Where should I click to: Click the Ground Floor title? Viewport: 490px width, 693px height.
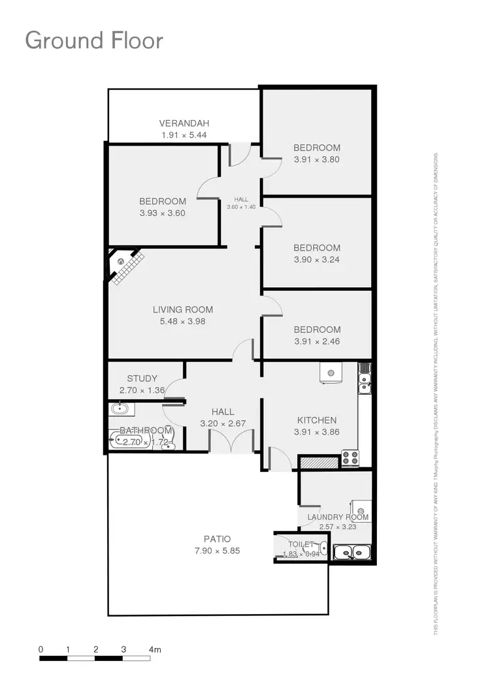(x=94, y=40)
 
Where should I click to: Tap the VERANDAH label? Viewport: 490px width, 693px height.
(x=184, y=123)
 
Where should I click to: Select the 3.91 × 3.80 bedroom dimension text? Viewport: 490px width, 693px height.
(x=317, y=159)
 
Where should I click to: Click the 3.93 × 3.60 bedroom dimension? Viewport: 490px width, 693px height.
(x=163, y=213)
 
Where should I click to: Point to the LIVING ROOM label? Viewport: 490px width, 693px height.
(x=183, y=310)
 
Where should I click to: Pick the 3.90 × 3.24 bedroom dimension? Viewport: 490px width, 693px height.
(x=317, y=259)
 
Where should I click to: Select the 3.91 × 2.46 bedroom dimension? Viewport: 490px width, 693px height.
(x=317, y=341)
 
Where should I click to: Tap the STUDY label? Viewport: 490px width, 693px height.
(x=142, y=378)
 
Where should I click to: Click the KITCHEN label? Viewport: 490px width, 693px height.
(x=317, y=420)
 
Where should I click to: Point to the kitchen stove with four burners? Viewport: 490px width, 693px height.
(x=350, y=457)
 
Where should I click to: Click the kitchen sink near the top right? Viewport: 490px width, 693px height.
(x=364, y=379)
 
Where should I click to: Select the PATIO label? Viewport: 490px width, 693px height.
(x=217, y=539)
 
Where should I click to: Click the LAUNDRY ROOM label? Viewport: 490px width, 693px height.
(x=338, y=517)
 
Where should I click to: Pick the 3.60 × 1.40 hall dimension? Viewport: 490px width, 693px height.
(x=241, y=207)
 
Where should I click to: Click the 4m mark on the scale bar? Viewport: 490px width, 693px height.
(x=155, y=650)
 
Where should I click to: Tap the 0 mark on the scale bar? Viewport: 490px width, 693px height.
(x=41, y=650)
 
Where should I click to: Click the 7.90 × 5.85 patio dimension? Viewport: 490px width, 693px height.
(x=217, y=551)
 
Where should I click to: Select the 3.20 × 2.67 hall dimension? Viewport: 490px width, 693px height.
(x=223, y=423)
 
